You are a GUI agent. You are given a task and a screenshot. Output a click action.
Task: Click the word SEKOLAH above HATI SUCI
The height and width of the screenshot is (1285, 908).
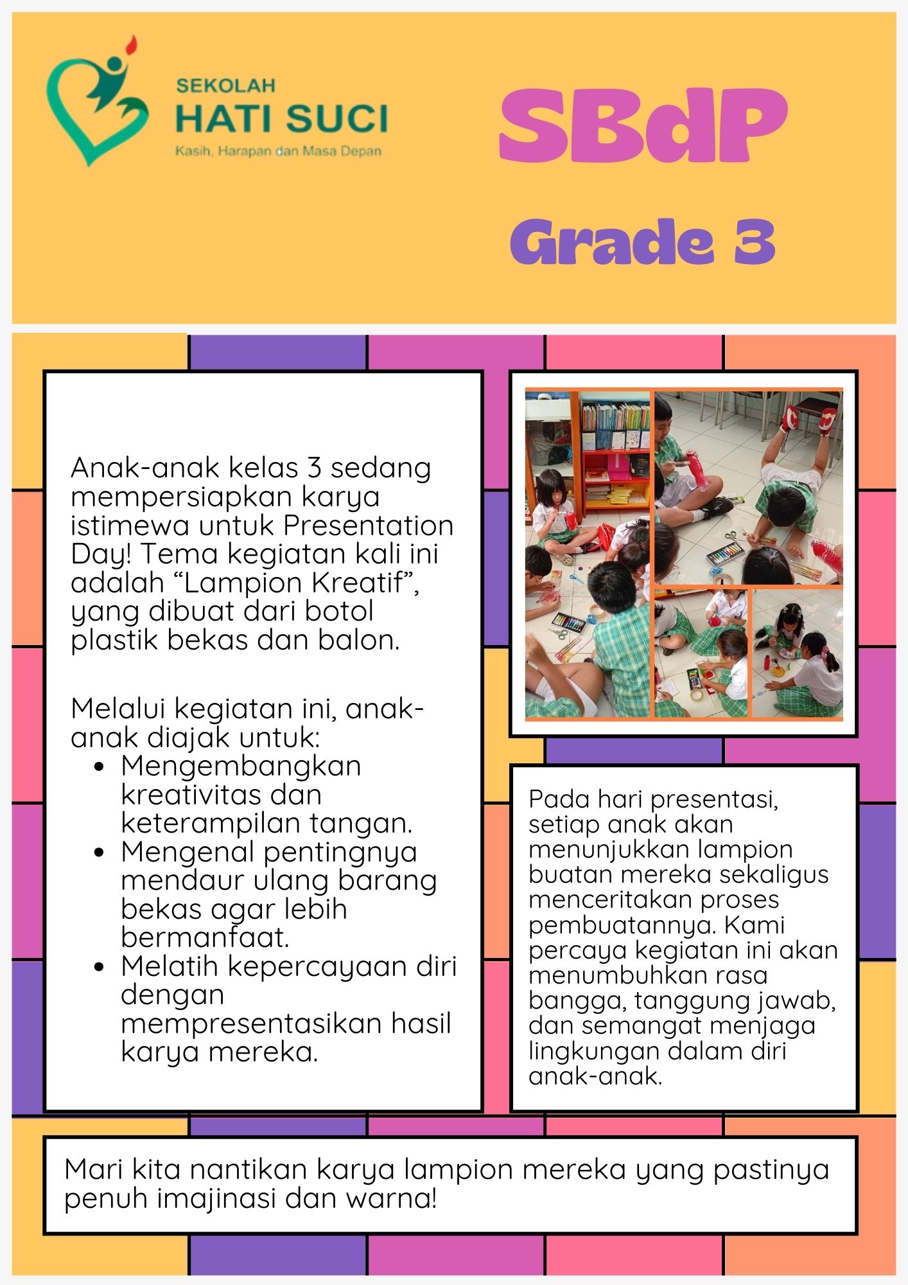(x=225, y=85)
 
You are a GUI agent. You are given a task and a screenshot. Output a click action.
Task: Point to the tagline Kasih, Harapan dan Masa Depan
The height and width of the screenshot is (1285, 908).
(x=278, y=152)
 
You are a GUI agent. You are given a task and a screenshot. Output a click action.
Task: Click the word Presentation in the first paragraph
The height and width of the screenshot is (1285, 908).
(x=369, y=526)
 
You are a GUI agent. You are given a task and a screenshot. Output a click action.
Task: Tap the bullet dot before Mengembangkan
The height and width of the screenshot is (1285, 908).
(x=99, y=767)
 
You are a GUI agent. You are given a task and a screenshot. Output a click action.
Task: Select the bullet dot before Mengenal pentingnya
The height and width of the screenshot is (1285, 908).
(x=99, y=853)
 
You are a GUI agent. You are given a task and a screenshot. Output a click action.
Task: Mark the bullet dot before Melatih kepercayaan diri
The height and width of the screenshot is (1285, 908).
(x=99, y=967)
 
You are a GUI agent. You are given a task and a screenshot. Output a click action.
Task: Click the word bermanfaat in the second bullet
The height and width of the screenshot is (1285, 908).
(x=205, y=938)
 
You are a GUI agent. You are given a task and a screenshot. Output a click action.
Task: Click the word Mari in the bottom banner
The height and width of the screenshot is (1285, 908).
(x=94, y=1169)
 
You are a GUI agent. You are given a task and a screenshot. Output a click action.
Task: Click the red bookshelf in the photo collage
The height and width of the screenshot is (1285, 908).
(x=613, y=463)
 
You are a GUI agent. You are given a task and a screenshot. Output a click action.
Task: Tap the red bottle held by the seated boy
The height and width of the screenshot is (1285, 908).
(x=699, y=472)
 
